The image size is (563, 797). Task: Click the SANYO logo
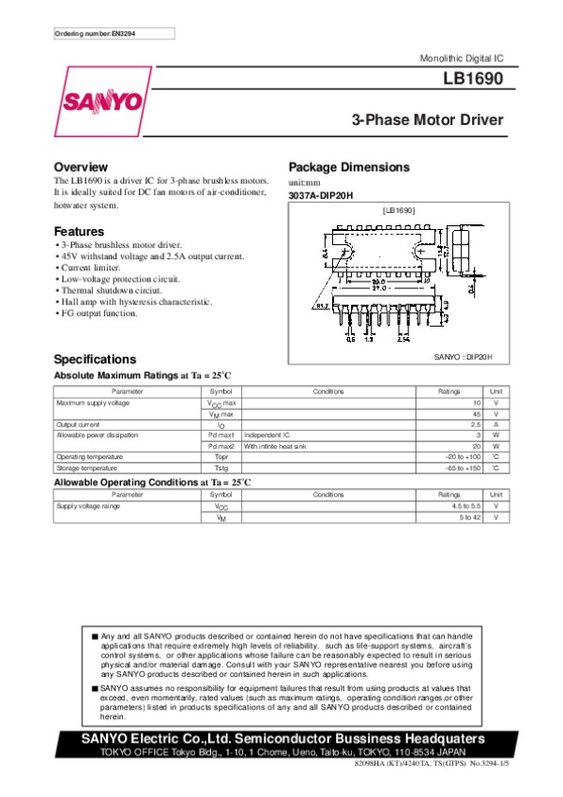click(103, 100)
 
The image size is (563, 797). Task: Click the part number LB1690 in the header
click(474, 80)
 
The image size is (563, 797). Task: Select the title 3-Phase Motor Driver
click(427, 120)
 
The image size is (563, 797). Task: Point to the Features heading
click(79, 231)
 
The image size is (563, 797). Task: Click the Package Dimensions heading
click(348, 167)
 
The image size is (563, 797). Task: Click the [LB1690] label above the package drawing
click(399, 211)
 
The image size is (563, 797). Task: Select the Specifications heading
click(95, 360)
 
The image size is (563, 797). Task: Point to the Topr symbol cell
click(221, 456)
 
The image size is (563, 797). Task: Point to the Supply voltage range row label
click(88, 506)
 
